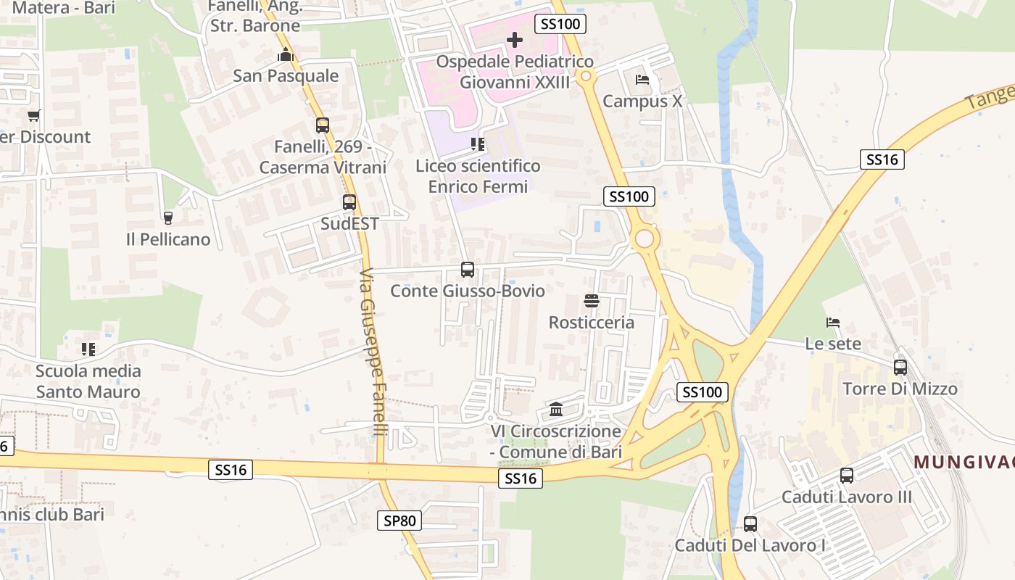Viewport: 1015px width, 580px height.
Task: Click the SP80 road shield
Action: coord(399,520)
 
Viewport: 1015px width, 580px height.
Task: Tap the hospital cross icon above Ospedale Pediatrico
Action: coord(515,40)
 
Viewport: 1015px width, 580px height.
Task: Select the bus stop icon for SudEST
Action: coord(349,202)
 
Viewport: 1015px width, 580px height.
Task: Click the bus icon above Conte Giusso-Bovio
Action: coord(468,270)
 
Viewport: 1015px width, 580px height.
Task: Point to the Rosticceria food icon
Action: coord(592,301)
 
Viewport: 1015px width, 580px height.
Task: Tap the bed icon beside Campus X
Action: coord(642,80)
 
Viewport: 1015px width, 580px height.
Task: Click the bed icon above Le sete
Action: coord(833,323)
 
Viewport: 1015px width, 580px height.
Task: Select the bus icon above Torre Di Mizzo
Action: coord(900,368)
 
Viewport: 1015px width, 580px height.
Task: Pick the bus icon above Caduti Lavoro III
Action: coord(847,476)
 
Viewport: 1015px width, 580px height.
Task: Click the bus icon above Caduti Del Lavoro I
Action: coord(750,523)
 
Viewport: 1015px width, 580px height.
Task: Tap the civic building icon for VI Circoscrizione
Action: coord(556,410)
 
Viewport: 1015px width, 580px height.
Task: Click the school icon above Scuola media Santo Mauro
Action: coord(88,349)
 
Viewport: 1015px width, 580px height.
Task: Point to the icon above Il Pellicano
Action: coord(168,217)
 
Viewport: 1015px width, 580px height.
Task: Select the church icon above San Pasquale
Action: coord(286,54)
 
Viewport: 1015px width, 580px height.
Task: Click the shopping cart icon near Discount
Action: coord(34,115)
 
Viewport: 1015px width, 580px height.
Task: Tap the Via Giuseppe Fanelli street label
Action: coord(373,352)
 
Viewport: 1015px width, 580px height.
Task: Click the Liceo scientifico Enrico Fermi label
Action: coord(478,176)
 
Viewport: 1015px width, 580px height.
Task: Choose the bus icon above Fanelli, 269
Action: coord(323,125)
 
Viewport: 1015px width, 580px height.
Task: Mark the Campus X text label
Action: coord(642,101)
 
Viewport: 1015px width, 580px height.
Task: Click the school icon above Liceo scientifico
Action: coord(478,144)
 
